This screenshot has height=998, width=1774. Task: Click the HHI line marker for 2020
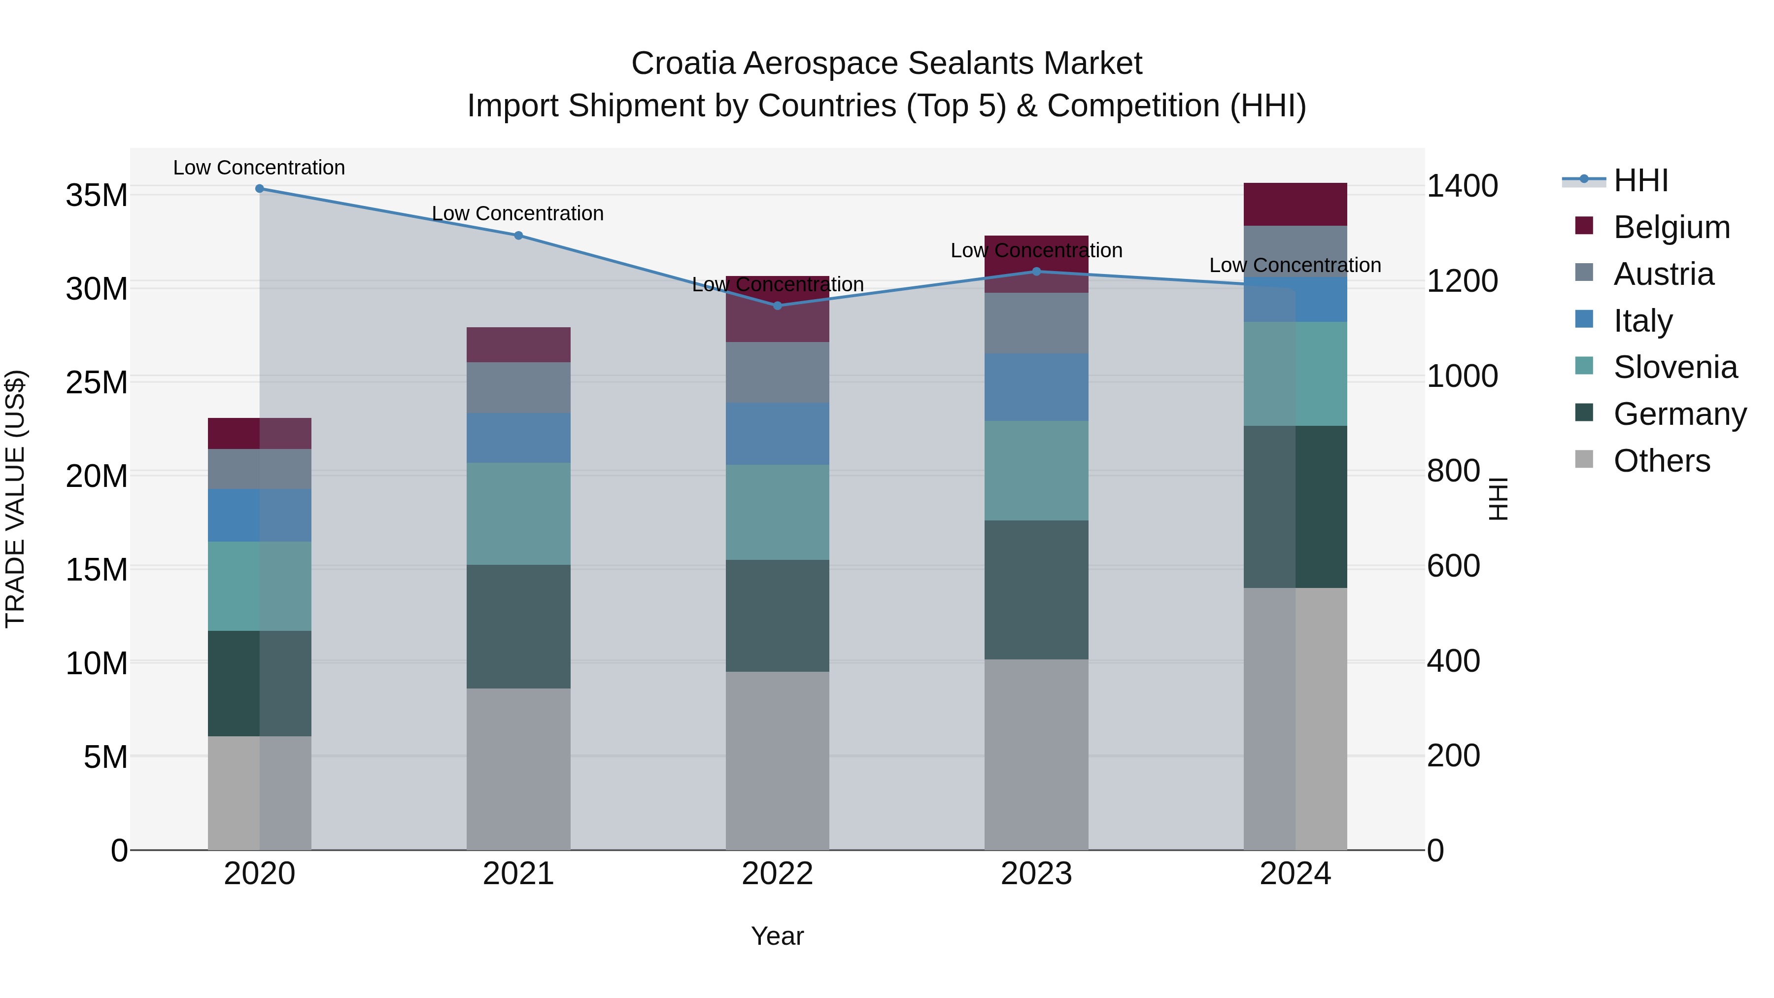click(260, 189)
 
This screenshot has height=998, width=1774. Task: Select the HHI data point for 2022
click(778, 306)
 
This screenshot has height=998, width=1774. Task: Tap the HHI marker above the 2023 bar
click(1036, 272)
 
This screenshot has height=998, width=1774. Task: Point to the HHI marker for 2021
click(518, 236)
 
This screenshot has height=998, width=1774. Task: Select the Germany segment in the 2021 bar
click(518, 627)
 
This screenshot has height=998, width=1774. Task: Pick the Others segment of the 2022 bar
click(778, 760)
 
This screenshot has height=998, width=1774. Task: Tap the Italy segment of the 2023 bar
click(1036, 387)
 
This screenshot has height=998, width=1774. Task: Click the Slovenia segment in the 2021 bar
click(518, 514)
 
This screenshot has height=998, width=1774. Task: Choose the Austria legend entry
click(1663, 274)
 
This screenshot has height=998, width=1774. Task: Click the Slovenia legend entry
click(1675, 367)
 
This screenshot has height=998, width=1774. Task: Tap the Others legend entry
click(1661, 461)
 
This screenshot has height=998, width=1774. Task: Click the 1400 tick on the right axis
click(1462, 186)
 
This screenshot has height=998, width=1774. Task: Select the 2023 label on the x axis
click(1036, 874)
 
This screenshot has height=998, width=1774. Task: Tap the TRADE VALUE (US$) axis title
click(15, 499)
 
